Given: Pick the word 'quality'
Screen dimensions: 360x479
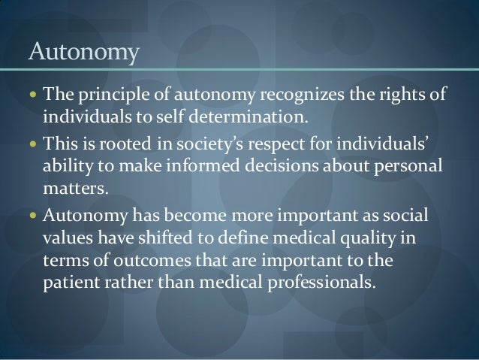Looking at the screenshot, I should tap(384, 238).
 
